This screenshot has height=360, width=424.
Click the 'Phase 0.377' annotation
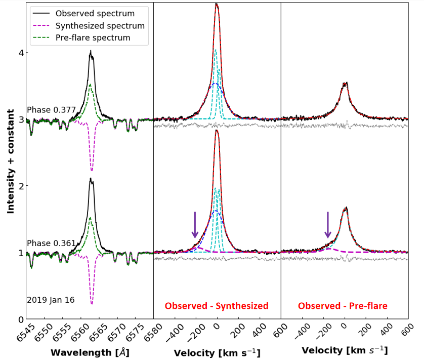[51, 110]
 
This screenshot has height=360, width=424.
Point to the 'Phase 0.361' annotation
[51, 243]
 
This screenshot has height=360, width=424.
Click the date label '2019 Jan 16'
[51, 300]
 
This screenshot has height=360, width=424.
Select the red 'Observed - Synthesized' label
[216, 306]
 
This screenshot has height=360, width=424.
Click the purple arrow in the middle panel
[195, 225]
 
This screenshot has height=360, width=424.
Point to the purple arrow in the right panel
[328, 225]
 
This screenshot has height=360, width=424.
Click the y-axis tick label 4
[20, 53]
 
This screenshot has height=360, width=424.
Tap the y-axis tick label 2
[20, 186]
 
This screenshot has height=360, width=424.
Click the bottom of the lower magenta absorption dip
[92, 303]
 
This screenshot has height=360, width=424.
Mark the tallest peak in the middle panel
[217, 4]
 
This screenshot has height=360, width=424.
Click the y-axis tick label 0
[20, 319]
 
